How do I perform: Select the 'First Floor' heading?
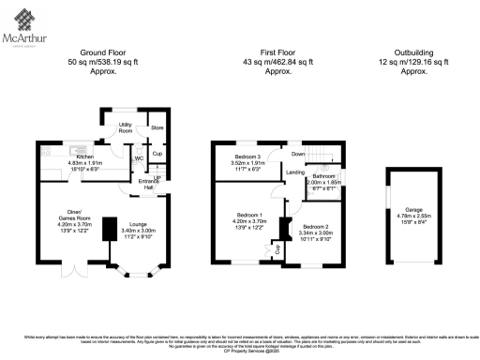click(x=274, y=54)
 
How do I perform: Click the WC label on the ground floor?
click(x=139, y=158)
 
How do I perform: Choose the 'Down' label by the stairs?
click(x=297, y=154)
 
